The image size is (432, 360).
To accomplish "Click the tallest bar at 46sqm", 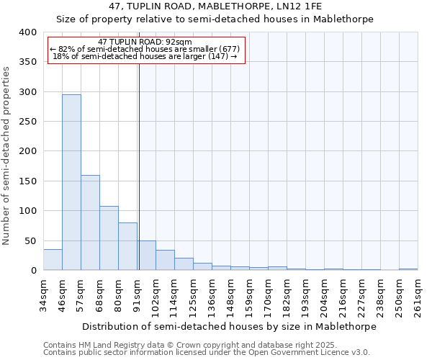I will (71, 182).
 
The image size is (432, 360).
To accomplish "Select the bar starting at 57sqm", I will (90, 222).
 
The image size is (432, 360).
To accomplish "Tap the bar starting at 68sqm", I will (109, 238).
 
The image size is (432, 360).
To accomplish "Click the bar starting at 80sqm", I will (127, 246).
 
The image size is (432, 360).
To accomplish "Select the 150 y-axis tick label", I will (27, 181).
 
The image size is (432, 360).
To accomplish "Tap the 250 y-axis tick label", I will (27, 122).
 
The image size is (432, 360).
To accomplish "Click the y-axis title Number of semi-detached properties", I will (6, 155).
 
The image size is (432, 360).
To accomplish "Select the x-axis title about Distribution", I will (230, 326).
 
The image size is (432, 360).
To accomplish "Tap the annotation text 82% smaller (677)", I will (145, 49).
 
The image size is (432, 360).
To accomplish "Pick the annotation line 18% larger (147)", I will (145, 56).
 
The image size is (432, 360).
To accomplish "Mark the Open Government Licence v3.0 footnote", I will (207, 352).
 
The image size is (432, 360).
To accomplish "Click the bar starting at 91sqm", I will (146, 256).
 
